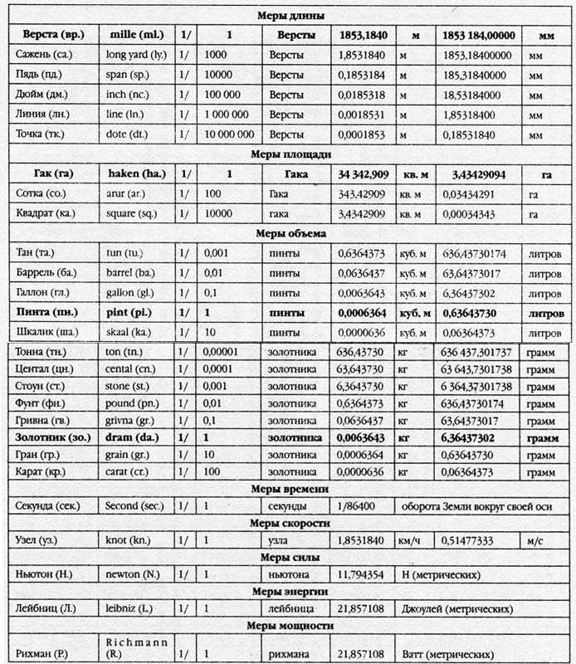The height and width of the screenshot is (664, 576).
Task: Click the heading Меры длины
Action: (x=287, y=16)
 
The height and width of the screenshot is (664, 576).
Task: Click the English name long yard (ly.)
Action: (x=139, y=55)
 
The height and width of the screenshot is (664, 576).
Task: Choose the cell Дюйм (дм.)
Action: (x=42, y=95)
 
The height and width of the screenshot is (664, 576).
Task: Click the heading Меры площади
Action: (x=287, y=154)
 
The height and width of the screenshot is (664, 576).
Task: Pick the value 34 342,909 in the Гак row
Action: (x=364, y=173)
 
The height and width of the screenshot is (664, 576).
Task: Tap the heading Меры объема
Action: (x=287, y=233)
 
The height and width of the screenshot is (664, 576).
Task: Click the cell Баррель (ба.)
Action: (x=48, y=272)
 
